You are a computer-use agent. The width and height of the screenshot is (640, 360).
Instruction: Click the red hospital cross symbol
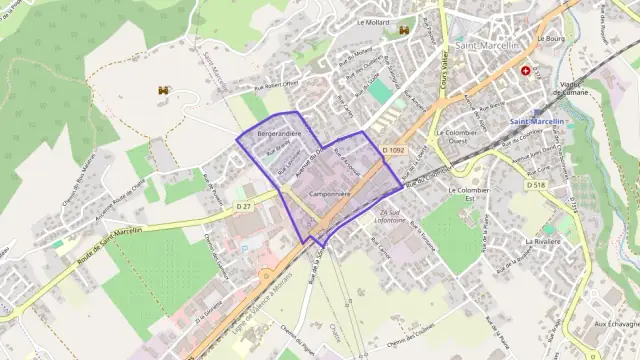[x=526, y=71]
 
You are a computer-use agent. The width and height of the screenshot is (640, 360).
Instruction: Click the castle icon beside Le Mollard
[x=404, y=30]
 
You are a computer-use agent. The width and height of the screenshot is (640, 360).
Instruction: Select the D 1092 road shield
[x=394, y=150]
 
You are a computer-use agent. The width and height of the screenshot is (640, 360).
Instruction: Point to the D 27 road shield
[x=244, y=206]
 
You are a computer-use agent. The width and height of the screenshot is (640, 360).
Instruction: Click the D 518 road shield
[x=537, y=185]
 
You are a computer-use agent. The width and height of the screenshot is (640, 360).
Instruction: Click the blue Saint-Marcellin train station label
[x=537, y=122]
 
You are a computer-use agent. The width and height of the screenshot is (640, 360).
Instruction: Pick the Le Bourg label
[x=552, y=38]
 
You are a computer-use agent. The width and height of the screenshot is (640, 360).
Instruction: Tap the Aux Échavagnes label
[x=616, y=324]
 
